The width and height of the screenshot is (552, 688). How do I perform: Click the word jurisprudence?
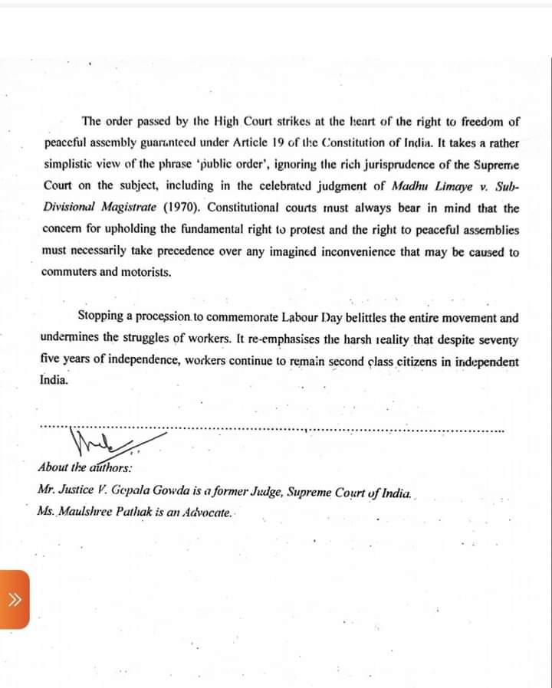(351, 164)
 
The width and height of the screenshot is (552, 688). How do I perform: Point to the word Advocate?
(207, 511)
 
